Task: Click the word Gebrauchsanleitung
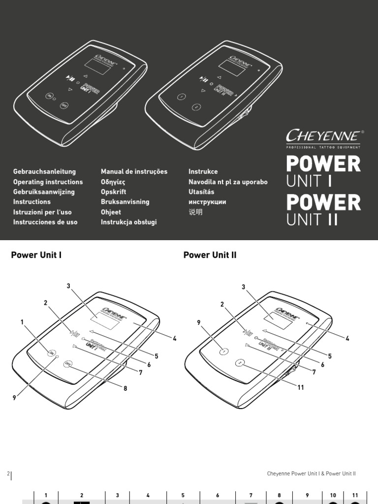tap(44, 172)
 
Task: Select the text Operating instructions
tap(48, 182)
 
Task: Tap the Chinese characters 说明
tap(195, 212)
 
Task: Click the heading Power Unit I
tap(36, 255)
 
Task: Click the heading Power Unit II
tap(210, 255)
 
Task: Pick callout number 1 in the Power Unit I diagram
tap(22, 322)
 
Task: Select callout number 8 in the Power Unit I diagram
tap(126, 388)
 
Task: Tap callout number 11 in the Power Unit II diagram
tap(300, 387)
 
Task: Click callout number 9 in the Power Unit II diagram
tap(199, 322)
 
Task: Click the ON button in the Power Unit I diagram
tap(51, 352)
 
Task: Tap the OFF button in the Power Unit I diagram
tap(68, 364)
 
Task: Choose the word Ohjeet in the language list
tap(111, 212)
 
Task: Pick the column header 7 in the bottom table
tap(251, 495)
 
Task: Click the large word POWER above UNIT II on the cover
tap(323, 202)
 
